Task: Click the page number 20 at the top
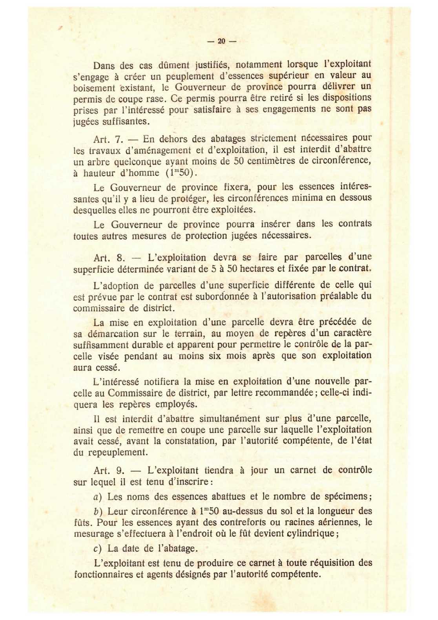[x=221, y=41]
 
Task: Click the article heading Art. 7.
[x=109, y=139]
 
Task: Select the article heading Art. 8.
[x=109, y=258]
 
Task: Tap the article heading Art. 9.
[x=109, y=470]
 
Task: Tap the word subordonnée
[x=225, y=296]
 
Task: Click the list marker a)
[x=97, y=497]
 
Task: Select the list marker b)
[x=97, y=511]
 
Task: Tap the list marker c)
[x=97, y=549]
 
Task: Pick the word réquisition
[x=332, y=563]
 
